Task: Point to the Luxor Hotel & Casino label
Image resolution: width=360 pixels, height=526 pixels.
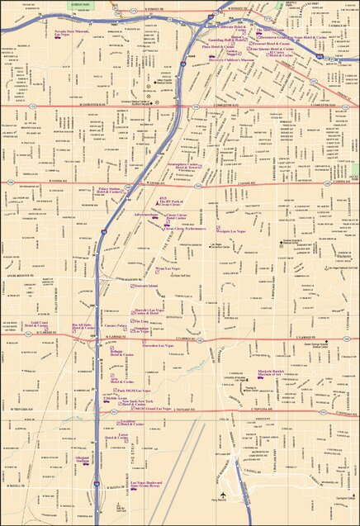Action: (125, 436)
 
